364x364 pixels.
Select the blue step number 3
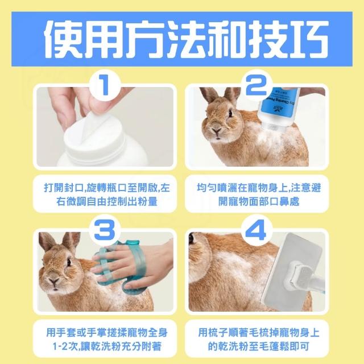click(105, 230)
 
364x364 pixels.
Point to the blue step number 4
click(257, 230)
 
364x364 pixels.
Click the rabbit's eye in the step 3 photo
click(69, 262)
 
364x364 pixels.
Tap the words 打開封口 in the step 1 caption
click(63, 188)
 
